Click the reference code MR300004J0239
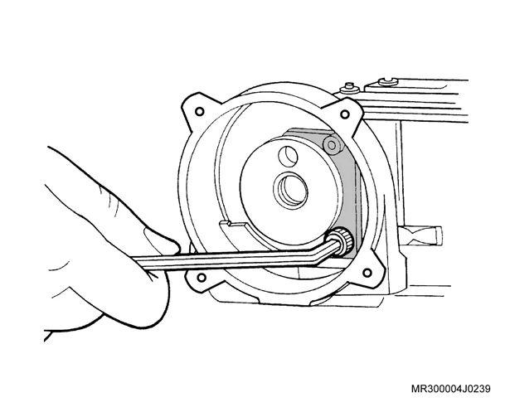click(451, 389)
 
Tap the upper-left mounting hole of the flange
click(199, 112)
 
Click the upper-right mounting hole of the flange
click(344, 114)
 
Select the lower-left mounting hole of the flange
click(202, 278)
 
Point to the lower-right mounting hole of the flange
click(367, 272)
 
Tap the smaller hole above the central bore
click(289, 155)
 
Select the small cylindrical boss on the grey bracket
click(333, 144)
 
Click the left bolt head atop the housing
click(349, 88)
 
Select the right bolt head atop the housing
click(388, 81)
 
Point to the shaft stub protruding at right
click(420, 236)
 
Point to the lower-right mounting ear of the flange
click(369, 270)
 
